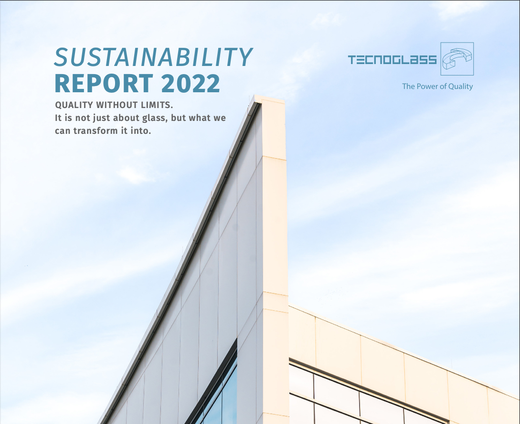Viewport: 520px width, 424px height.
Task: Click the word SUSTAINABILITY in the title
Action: [153, 57]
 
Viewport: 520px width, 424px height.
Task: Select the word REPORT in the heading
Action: [104, 83]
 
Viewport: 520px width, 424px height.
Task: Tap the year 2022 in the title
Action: [191, 83]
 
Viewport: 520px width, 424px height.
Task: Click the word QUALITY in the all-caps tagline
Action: [74, 105]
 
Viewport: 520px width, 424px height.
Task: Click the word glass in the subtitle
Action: [155, 119]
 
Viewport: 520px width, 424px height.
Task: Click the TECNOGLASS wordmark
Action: [393, 60]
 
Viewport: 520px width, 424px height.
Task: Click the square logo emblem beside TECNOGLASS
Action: [457, 59]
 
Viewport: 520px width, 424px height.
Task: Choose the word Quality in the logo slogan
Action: [460, 87]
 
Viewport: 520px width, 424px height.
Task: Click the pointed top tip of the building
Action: [255, 96]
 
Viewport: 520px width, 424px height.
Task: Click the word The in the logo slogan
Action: [408, 87]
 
